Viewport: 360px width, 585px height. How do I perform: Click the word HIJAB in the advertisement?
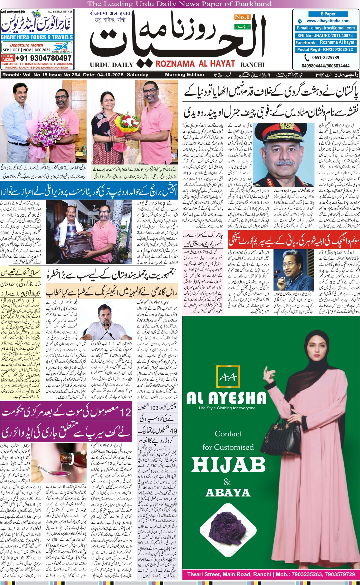pyautogui.click(x=228, y=465)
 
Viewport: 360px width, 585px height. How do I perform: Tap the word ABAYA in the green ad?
pyautogui.click(x=228, y=492)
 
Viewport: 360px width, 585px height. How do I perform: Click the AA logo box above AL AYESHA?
pyautogui.click(x=228, y=378)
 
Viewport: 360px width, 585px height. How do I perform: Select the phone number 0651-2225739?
pyautogui.click(x=325, y=57)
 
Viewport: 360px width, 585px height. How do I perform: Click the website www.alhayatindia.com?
pyautogui.click(x=328, y=21)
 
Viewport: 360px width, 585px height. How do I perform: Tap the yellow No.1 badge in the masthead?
pyautogui.click(x=242, y=17)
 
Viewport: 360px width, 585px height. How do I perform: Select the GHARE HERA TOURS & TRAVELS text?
pyautogui.click(x=37, y=37)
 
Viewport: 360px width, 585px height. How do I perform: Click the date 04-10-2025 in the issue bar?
pyautogui.click(x=110, y=75)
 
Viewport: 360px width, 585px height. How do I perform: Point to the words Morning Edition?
pyautogui.click(x=184, y=75)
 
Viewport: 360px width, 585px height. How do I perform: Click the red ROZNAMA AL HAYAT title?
pyautogui.click(x=195, y=64)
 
